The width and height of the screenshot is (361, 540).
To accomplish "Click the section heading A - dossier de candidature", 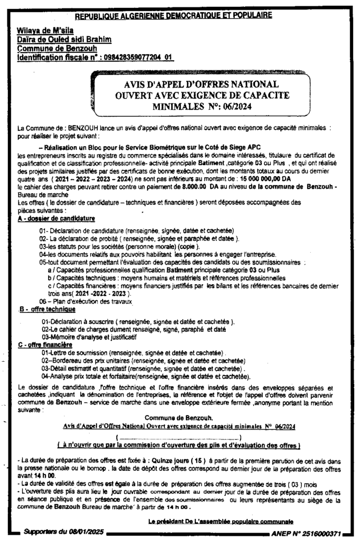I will click(x=56, y=217).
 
